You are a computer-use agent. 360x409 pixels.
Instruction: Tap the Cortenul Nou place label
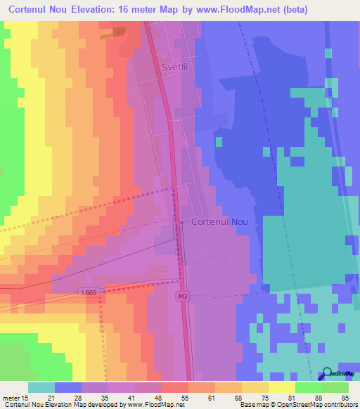click(219, 221)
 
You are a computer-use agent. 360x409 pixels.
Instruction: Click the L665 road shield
click(87, 292)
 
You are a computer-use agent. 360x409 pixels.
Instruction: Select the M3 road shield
click(182, 297)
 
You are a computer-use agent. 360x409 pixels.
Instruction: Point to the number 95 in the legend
click(345, 398)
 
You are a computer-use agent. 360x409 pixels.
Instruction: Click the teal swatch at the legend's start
click(41, 387)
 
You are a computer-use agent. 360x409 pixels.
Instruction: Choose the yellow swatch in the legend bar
click(282, 387)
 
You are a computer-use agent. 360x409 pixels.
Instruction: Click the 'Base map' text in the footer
click(254, 405)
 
